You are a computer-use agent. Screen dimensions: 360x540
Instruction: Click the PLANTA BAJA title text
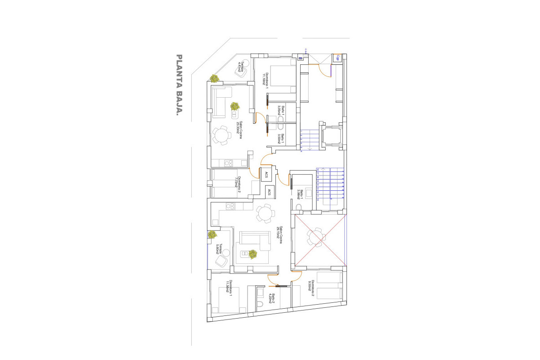pyautogui.click(x=179, y=85)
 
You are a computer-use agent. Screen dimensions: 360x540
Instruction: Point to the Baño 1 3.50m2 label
pyautogui.click(x=280, y=139)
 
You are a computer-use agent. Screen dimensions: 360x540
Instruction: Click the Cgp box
pyautogui.click(x=337, y=58)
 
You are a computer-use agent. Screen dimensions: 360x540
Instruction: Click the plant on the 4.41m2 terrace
pyautogui.click(x=215, y=78)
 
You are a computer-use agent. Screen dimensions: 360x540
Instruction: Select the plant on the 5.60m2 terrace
pyautogui.click(x=212, y=234)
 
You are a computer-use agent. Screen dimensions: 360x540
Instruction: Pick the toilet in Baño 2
pyautogui.click(x=260, y=305)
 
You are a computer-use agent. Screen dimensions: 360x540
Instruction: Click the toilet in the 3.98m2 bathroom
pyautogui.click(x=299, y=207)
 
